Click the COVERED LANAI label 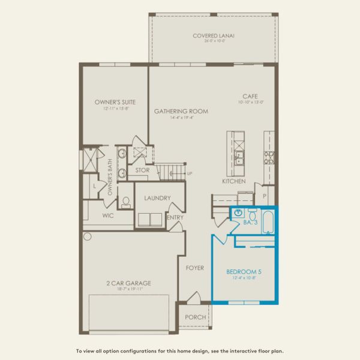coord(214,36)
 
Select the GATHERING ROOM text coord(181,111)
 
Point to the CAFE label coord(250,96)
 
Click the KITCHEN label coord(234,181)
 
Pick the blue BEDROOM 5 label coord(248,271)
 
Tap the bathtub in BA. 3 coord(268,222)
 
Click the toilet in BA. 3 coord(252,215)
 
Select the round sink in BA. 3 coord(238,213)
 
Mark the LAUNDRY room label coord(158,198)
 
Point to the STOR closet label coord(142,170)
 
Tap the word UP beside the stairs coord(190,174)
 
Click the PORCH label coord(196,317)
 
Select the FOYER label coord(195,268)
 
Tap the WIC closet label coord(109,214)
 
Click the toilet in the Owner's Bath coord(125,203)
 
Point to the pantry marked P coord(265,196)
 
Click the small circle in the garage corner coord(88,236)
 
